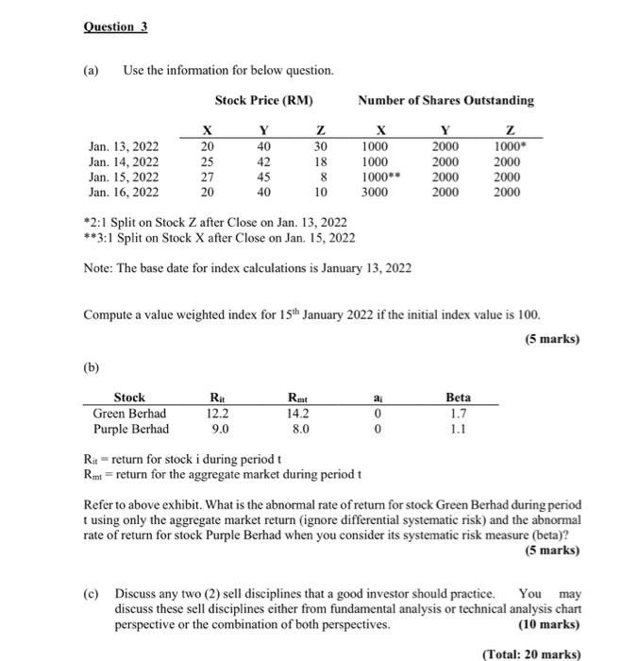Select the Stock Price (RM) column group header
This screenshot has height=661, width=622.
point(263,100)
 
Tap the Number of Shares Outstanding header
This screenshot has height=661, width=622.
point(445,100)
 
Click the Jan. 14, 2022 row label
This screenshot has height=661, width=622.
point(124,161)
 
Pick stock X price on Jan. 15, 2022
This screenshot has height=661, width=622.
point(209,176)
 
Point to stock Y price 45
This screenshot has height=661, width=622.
point(264,176)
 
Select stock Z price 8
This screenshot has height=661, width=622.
point(321,176)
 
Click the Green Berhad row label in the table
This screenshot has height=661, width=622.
point(129,413)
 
